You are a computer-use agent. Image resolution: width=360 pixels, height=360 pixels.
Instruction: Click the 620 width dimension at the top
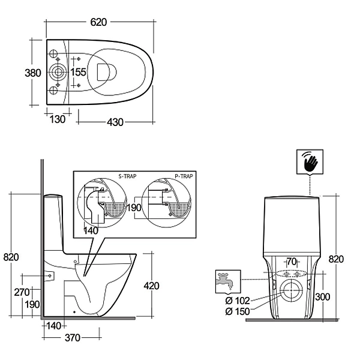pyautogui.click(x=98, y=22)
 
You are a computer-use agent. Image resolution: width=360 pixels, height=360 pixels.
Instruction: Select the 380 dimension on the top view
pyautogui.click(x=33, y=73)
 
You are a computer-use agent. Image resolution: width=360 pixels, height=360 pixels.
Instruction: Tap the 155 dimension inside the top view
pyautogui.click(x=79, y=73)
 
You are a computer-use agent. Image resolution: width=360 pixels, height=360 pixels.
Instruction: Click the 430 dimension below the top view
pyautogui.click(x=115, y=122)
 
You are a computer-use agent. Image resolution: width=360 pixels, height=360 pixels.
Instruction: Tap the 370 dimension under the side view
pyautogui.click(x=72, y=338)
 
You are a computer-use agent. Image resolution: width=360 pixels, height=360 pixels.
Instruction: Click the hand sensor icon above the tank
pyautogui.click(x=310, y=161)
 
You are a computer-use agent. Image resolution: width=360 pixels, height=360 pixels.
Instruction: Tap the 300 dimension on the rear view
pyautogui.click(x=323, y=296)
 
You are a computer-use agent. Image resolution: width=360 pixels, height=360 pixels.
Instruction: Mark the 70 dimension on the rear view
pyautogui.click(x=292, y=262)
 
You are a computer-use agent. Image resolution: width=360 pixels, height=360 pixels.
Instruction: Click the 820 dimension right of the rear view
pyautogui.click(x=337, y=259)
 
